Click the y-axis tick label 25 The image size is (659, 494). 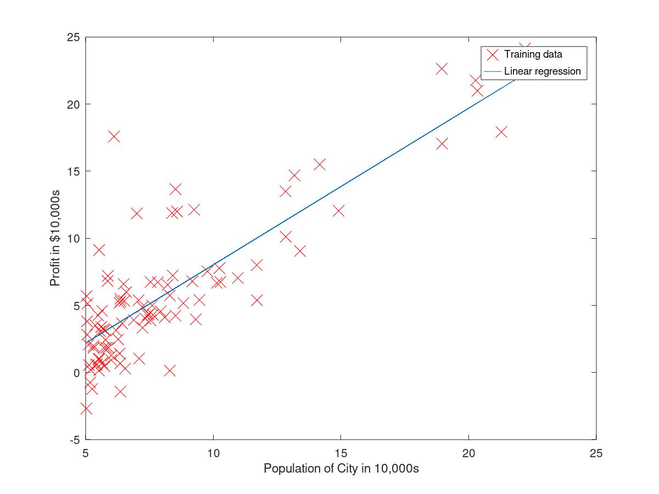[x=73, y=37]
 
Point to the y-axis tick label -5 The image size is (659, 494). [x=75, y=440]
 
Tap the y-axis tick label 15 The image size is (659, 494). [x=73, y=172]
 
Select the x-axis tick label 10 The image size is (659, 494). [x=213, y=453]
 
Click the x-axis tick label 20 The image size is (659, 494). [x=468, y=453]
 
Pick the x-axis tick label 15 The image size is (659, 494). [x=341, y=453]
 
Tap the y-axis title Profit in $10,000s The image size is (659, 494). [x=55, y=238]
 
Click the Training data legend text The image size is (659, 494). [x=533, y=54]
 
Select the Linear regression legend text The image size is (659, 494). [x=542, y=71]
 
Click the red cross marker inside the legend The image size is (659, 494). [x=493, y=54]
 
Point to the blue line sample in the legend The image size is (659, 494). [x=493, y=72]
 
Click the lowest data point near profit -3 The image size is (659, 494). [x=86, y=408]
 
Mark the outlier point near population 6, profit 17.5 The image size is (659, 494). [x=114, y=137]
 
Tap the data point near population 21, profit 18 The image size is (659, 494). [x=501, y=132]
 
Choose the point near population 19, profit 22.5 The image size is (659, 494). [x=442, y=69]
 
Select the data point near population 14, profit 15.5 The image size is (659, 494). [x=320, y=164]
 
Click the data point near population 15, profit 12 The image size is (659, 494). [x=339, y=211]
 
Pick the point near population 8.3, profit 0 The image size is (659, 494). [x=170, y=371]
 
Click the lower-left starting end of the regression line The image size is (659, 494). [x=86, y=343]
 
